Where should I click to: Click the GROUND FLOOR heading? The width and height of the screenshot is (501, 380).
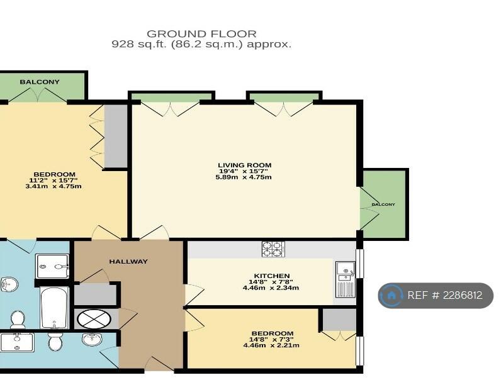pyautogui.click(x=201, y=34)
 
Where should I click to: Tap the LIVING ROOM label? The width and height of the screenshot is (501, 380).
pyautogui.click(x=244, y=165)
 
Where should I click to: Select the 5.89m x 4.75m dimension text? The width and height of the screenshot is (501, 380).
pyautogui.click(x=244, y=177)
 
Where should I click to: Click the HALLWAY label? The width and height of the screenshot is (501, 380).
pyautogui.click(x=128, y=262)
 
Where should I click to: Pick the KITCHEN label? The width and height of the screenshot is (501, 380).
pyautogui.click(x=272, y=276)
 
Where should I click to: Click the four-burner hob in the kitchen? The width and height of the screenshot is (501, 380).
pyautogui.click(x=274, y=249)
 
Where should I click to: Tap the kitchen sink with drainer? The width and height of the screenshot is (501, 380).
pyautogui.click(x=346, y=279)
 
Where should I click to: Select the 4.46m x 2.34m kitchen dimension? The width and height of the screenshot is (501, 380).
pyautogui.click(x=271, y=288)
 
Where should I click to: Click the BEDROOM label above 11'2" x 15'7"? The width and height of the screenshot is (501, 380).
pyautogui.click(x=54, y=174)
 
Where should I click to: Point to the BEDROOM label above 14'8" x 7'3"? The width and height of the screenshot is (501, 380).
pyautogui.click(x=273, y=333)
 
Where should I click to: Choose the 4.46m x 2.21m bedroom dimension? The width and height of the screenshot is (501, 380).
pyautogui.click(x=271, y=345)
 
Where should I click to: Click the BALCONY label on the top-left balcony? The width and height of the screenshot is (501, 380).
pyautogui.click(x=40, y=82)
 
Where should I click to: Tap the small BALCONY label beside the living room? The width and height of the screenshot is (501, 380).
pyautogui.click(x=383, y=204)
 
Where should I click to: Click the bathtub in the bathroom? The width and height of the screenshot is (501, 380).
pyautogui.click(x=54, y=308)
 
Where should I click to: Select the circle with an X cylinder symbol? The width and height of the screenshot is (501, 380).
pyautogui.click(x=94, y=319)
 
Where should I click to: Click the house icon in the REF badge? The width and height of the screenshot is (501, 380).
pyautogui.click(x=390, y=295)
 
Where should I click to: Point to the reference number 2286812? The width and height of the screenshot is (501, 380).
pyautogui.click(x=463, y=295)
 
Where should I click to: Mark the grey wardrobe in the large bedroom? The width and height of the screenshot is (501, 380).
pyautogui.click(x=116, y=136)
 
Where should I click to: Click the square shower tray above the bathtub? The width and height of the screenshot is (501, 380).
pyautogui.click(x=52, y=266)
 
